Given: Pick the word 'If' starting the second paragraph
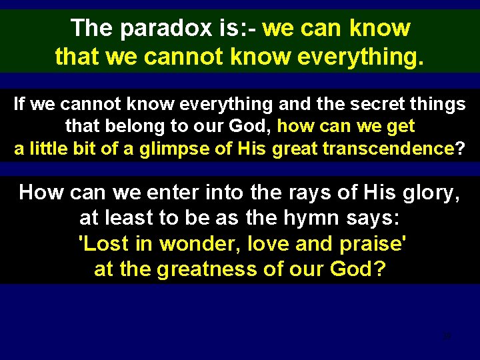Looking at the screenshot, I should pyautogui.click(x=19, y=105).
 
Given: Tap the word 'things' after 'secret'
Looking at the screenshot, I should pyautogui.click(x=441, y=105).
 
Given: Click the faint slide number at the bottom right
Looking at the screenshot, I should pyautogui.click(x=447, y=336).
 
